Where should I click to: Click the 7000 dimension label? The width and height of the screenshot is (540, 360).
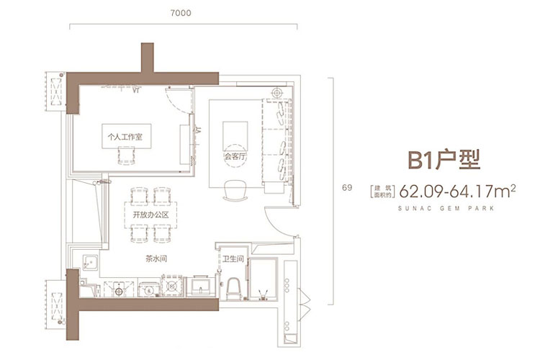click(x=181, y=13)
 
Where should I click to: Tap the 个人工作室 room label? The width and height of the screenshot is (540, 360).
click(x=125, y=137)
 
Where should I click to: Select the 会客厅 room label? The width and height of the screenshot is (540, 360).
click(x=235, y=156)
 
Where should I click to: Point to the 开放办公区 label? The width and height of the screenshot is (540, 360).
click(x=151, y=215)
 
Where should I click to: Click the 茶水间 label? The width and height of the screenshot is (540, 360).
click(x=156, y=258)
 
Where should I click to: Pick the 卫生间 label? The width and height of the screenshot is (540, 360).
click(x=233, y=258)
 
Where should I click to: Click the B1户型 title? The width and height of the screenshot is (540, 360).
click(x=444, y=160)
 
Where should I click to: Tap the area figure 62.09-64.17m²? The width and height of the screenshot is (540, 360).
click(x=457, y=191)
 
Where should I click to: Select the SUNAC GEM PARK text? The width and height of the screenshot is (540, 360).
click(x=446, y=208)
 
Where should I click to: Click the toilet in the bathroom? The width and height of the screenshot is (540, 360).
click(x=233, y=288)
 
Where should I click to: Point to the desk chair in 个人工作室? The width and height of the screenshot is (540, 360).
click(x=127, y=156)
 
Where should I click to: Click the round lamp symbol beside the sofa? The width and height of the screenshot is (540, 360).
click(x=277, y=93)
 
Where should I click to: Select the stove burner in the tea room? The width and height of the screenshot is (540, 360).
click(x=172, y=286)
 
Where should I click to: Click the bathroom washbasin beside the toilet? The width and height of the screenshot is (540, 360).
click(x=201, y=286)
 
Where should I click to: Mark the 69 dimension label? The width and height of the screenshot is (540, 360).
click(x=347, y=188)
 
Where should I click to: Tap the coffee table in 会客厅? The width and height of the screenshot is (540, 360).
click(x=235, y=136)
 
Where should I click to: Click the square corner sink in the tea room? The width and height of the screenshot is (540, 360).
click(x=91, y=263)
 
